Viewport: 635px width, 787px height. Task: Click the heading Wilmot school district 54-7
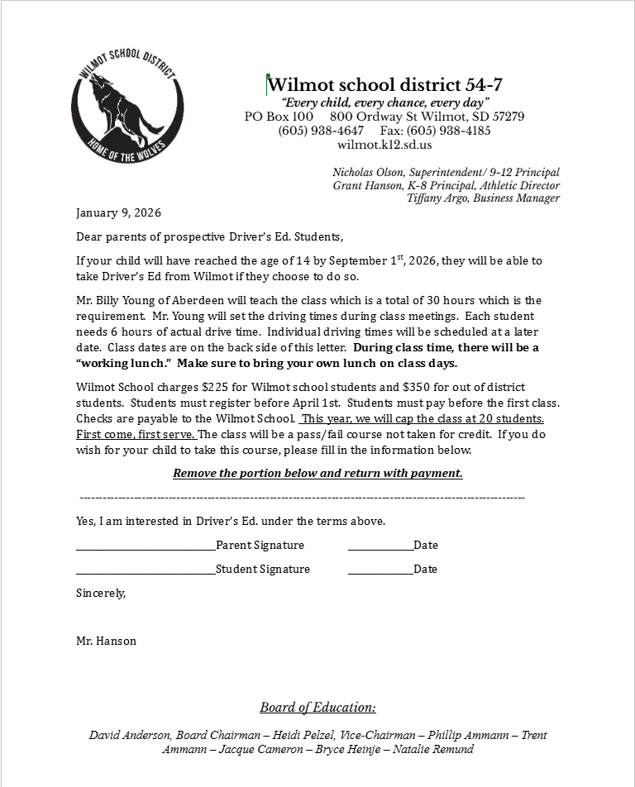[384, 84]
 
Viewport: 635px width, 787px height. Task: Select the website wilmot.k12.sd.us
[384, 145]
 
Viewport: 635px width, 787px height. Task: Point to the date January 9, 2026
[118, 212]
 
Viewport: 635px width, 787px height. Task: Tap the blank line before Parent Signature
[145, 546]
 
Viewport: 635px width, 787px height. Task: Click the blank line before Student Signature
[145, 570]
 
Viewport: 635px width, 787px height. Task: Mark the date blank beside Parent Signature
[380, 546]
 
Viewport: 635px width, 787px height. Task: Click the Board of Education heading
[317, 708]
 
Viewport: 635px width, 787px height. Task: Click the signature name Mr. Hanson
[106, 641]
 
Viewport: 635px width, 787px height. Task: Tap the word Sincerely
[101, 593]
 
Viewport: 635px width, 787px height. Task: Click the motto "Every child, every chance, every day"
[384, 103]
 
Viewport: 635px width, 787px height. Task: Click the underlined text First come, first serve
[136, 434]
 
